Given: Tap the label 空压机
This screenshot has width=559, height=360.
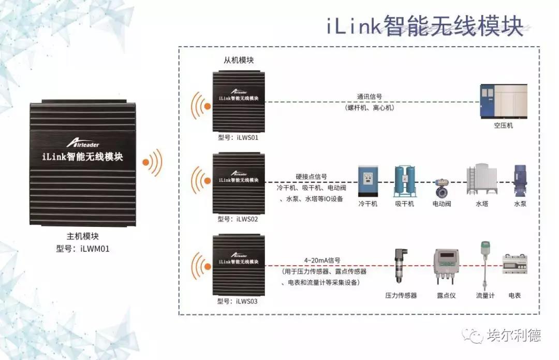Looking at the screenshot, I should coord(503,125).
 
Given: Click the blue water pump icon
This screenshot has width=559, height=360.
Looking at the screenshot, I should coord(520,181).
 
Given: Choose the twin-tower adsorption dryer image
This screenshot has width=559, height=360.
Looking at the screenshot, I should coord(404,181).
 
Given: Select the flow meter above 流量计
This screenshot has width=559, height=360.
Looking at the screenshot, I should coord(486,264).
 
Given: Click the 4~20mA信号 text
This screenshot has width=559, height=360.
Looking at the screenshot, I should coord(322,261).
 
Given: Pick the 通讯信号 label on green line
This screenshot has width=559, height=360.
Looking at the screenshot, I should coord(370,96).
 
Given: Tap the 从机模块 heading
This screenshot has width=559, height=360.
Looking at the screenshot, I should coord(239,60).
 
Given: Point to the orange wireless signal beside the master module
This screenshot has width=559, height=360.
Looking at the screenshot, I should coord(153,163).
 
